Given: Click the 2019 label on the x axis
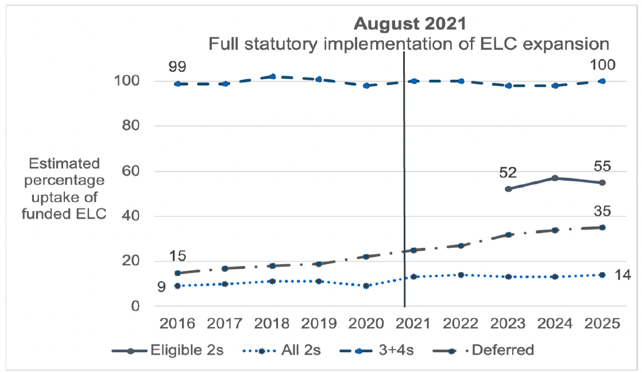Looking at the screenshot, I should pyautogui.click(x=319, y=324).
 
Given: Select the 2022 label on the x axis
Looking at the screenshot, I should pyautogui.click(x=461, y=324).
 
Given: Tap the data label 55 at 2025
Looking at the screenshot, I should pyautogui.click(x=602, y=166).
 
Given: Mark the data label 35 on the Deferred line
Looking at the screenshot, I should pyautogui.click(x=602, y=211).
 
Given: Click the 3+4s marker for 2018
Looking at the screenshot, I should pyautogui.click(x=272, y=76).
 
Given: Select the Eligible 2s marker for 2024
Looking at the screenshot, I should pyautogui.click(x=555, y=178).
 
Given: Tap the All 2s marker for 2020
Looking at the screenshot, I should pyautogui.click(x=366, y=286).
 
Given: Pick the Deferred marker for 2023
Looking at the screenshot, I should pyautogui.click(x=508, y=235).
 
